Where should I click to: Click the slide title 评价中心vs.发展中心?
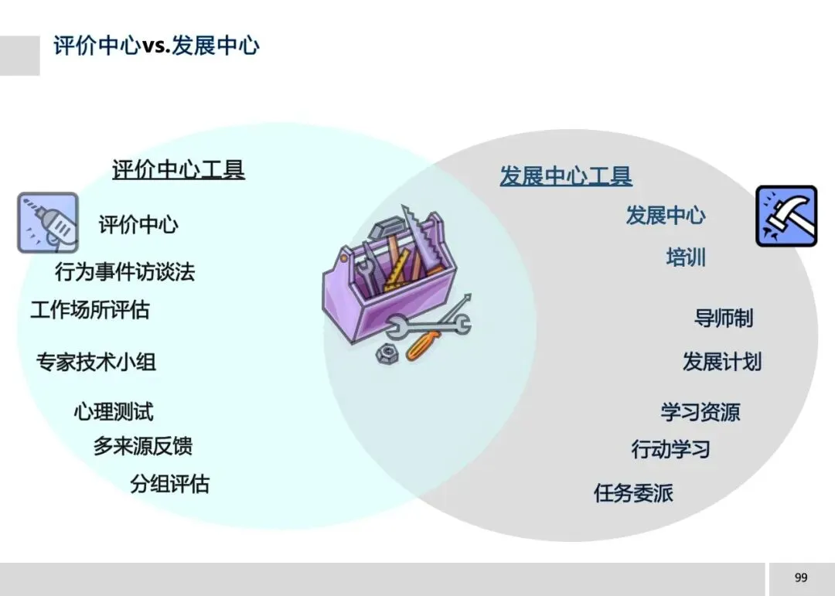tap(156, 45)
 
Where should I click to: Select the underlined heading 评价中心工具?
tap(179, 169)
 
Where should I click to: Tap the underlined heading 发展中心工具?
tap(566, 176)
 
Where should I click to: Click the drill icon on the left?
tap(48, 223)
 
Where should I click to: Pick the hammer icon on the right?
tap(786, 216)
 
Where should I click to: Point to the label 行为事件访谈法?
tap(125, 271)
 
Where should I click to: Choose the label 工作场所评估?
tap(90, 310)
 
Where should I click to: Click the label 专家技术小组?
tap(97, 362)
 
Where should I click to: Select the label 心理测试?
tap(114, 411)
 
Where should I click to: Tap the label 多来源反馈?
tap(143, 446)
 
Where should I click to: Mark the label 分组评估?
tap(170, 485)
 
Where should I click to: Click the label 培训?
tap(686, 257)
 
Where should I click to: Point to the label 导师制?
tap(724, 318)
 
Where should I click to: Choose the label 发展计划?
tap(722, 361)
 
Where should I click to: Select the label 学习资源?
tap(700, 412)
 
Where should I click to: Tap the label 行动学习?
tap(671, 449)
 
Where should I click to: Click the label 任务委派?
tap(634, 492)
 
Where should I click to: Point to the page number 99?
tap(801, 577)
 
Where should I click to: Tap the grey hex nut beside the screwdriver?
tap(386, 354)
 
